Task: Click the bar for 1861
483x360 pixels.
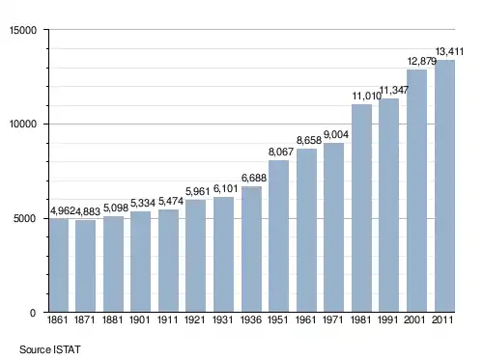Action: (59, 265)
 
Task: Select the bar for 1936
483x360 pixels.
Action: (251, 249)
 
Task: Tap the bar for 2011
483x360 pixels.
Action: (444, 185)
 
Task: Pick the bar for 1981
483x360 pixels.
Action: (361, 208)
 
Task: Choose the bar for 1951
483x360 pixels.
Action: (278, 235)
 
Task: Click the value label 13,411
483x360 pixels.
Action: (449, 51)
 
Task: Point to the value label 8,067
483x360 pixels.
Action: (281, 152)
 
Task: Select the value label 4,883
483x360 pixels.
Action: (88, 211)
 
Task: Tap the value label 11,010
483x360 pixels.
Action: (366, 96)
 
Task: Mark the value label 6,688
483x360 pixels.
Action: (254, 178)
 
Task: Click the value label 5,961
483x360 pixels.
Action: (198, 191)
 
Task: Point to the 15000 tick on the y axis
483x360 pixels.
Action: (23, 30)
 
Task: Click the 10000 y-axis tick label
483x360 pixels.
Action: (23, 125)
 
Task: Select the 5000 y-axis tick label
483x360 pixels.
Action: (25, 219)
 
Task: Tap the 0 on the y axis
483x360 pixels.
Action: (33, 313)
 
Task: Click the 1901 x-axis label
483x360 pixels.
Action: (140, 319)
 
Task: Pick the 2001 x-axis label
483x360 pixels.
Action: (414, 319)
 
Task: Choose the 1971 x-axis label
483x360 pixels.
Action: (333, 319)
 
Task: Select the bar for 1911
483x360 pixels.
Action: (168, 261)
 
